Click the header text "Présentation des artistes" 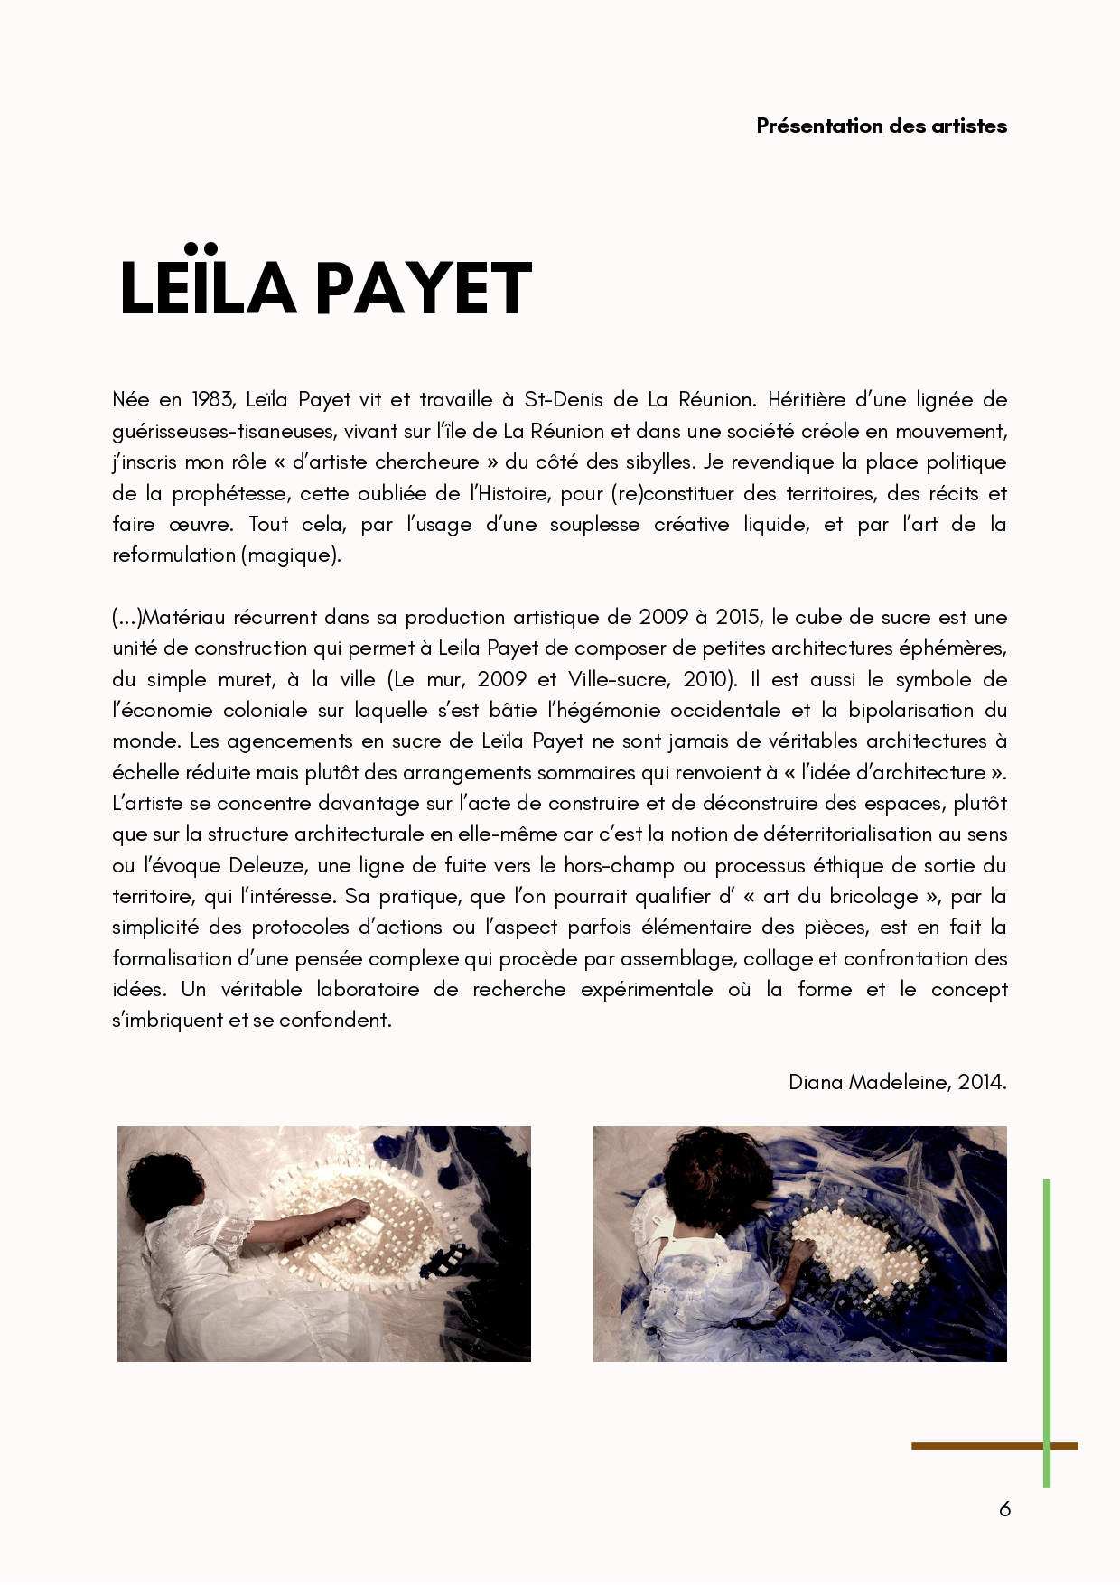pos(882,126)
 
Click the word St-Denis pos(563,400)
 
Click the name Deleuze pos(266,865)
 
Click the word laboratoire pos(368,989)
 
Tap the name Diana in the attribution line pos(816,1082)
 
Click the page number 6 pos(1004,1508)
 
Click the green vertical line pos(1046,1310)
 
